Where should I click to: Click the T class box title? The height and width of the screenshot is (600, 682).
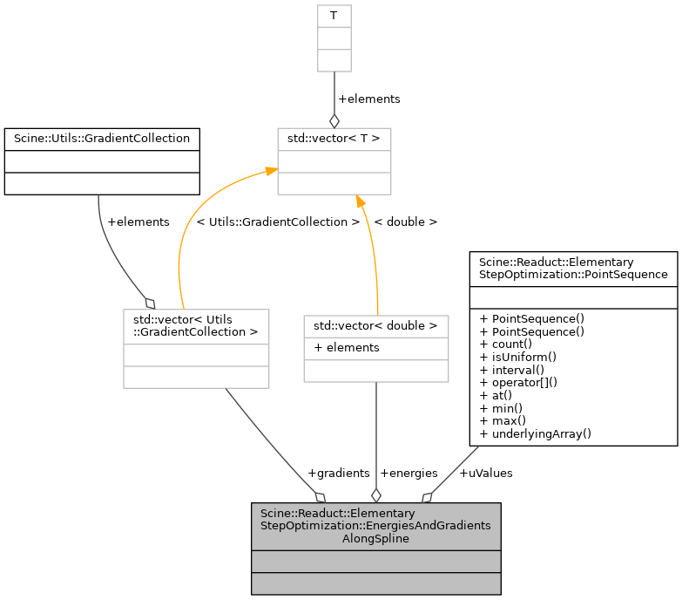(334, 16)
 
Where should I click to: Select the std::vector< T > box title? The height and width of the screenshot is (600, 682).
(334, 139)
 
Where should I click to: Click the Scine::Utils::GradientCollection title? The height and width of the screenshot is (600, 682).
(102, 139)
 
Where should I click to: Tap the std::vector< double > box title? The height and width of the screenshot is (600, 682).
(375, 326)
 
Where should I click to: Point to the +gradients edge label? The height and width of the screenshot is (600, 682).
(338, 473)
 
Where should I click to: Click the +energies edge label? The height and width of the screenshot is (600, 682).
(409, 473)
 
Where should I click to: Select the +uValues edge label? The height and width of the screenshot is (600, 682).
(485, 473)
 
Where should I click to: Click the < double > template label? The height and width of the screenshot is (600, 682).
(405, 222)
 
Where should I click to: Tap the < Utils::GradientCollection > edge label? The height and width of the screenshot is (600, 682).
(278, 222)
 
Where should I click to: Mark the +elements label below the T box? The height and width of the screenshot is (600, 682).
(368, 99)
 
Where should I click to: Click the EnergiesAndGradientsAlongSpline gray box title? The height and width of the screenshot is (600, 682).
(375, 526)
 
